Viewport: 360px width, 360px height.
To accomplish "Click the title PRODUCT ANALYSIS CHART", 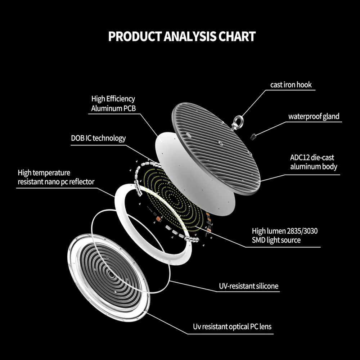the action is [182, 36].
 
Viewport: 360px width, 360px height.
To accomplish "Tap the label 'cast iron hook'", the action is [291, 85].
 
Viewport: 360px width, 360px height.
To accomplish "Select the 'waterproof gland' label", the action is [314, 116].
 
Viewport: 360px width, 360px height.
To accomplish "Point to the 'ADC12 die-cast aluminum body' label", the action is [314, 162].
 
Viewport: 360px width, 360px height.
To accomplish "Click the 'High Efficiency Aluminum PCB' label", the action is [113, 103].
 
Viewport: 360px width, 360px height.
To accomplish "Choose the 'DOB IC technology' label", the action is [98, 138].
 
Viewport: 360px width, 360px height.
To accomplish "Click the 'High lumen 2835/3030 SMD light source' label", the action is [284, 235].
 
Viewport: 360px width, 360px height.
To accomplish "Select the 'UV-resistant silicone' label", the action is [248, 286].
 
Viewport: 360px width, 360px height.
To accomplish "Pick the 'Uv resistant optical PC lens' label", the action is [232, 327].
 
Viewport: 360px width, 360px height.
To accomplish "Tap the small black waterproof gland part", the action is [253, 136].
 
